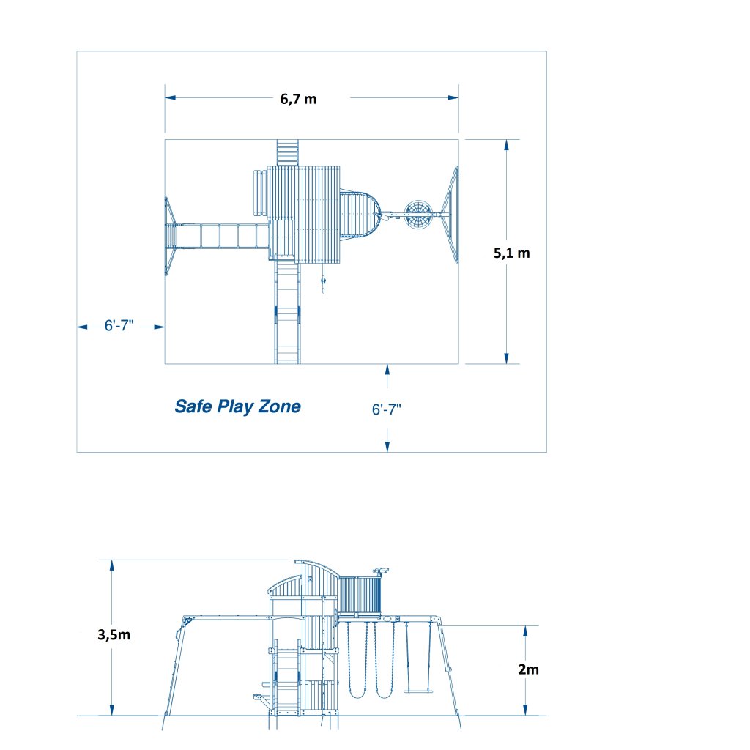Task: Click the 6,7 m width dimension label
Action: click(x=298, y=100)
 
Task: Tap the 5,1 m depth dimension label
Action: click(x=511, y=253)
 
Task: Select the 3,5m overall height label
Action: click(x=114, y=635)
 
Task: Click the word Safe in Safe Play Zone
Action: click(x=193, y=406)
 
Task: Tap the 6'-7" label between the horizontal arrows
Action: click(x=119, y=327)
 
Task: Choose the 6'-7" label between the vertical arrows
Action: click(x=387, y=410)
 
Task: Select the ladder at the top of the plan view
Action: click(x=287, y=152)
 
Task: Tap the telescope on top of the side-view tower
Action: click(x=381, y=570)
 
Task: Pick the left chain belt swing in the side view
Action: click(x=355, y=659)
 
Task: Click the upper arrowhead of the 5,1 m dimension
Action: click(x=506, y=144)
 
